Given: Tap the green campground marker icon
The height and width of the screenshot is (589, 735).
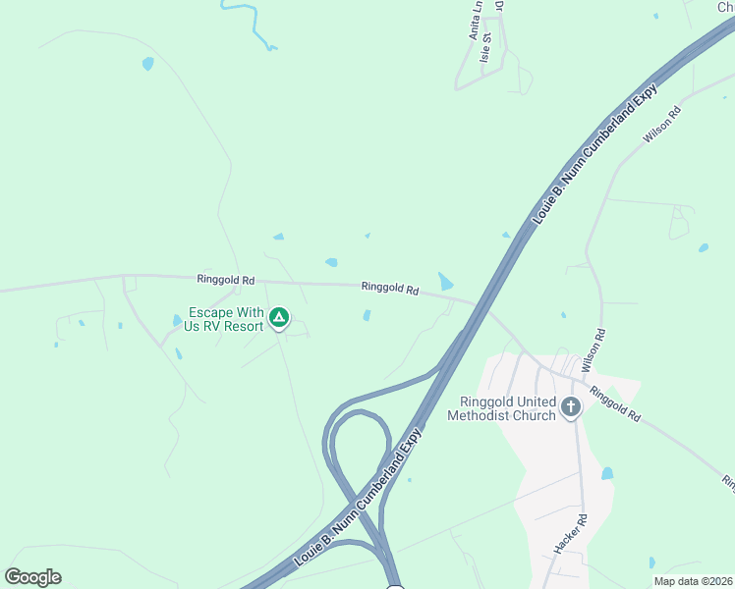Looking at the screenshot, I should (x=279, y=317).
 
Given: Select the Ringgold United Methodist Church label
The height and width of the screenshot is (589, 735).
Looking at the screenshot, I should (x=501, y=408).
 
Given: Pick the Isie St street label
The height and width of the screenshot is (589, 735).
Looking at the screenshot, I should (x=485, y=52).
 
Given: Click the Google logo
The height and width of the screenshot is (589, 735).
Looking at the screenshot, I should (x=32, y=577).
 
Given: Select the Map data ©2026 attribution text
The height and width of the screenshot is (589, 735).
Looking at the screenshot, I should (x=693, y=581).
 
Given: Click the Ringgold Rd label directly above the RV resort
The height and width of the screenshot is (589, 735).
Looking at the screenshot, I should (x=225, y=280).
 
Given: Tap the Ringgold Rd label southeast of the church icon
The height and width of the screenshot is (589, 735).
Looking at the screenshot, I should (x=615, y=403).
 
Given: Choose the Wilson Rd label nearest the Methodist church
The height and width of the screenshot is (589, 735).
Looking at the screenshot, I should (x=593, y=349).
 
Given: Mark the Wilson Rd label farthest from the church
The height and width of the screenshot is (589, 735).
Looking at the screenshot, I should (x=661, y=126).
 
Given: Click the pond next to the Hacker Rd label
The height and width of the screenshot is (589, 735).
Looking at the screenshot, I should (x=607, y=473).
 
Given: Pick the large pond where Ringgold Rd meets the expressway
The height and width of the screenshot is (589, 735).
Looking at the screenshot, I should (x=446, y=282).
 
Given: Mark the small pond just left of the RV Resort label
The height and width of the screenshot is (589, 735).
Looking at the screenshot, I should (x=176, y=320).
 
